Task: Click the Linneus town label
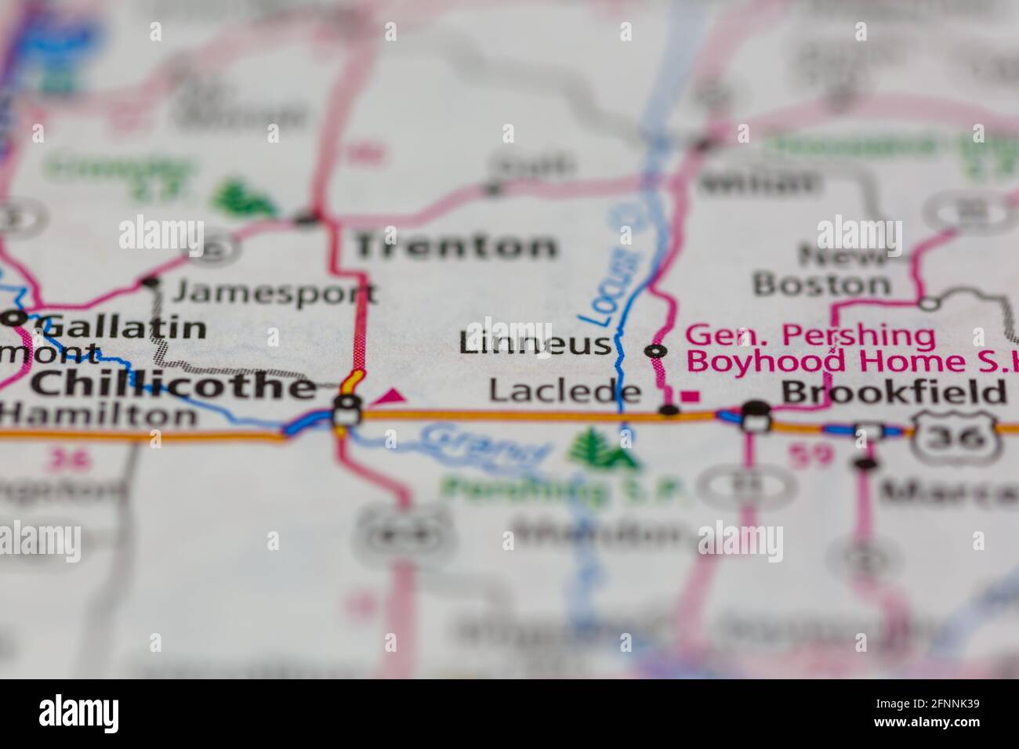pos(535,343)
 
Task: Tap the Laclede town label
pos(564,391)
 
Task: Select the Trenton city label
pos(455,247)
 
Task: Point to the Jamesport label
pos(274,293)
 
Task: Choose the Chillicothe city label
pos(174,385)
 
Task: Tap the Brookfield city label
pos(894,392)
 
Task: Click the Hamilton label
pos(98,414)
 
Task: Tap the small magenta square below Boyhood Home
pos(691,397)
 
